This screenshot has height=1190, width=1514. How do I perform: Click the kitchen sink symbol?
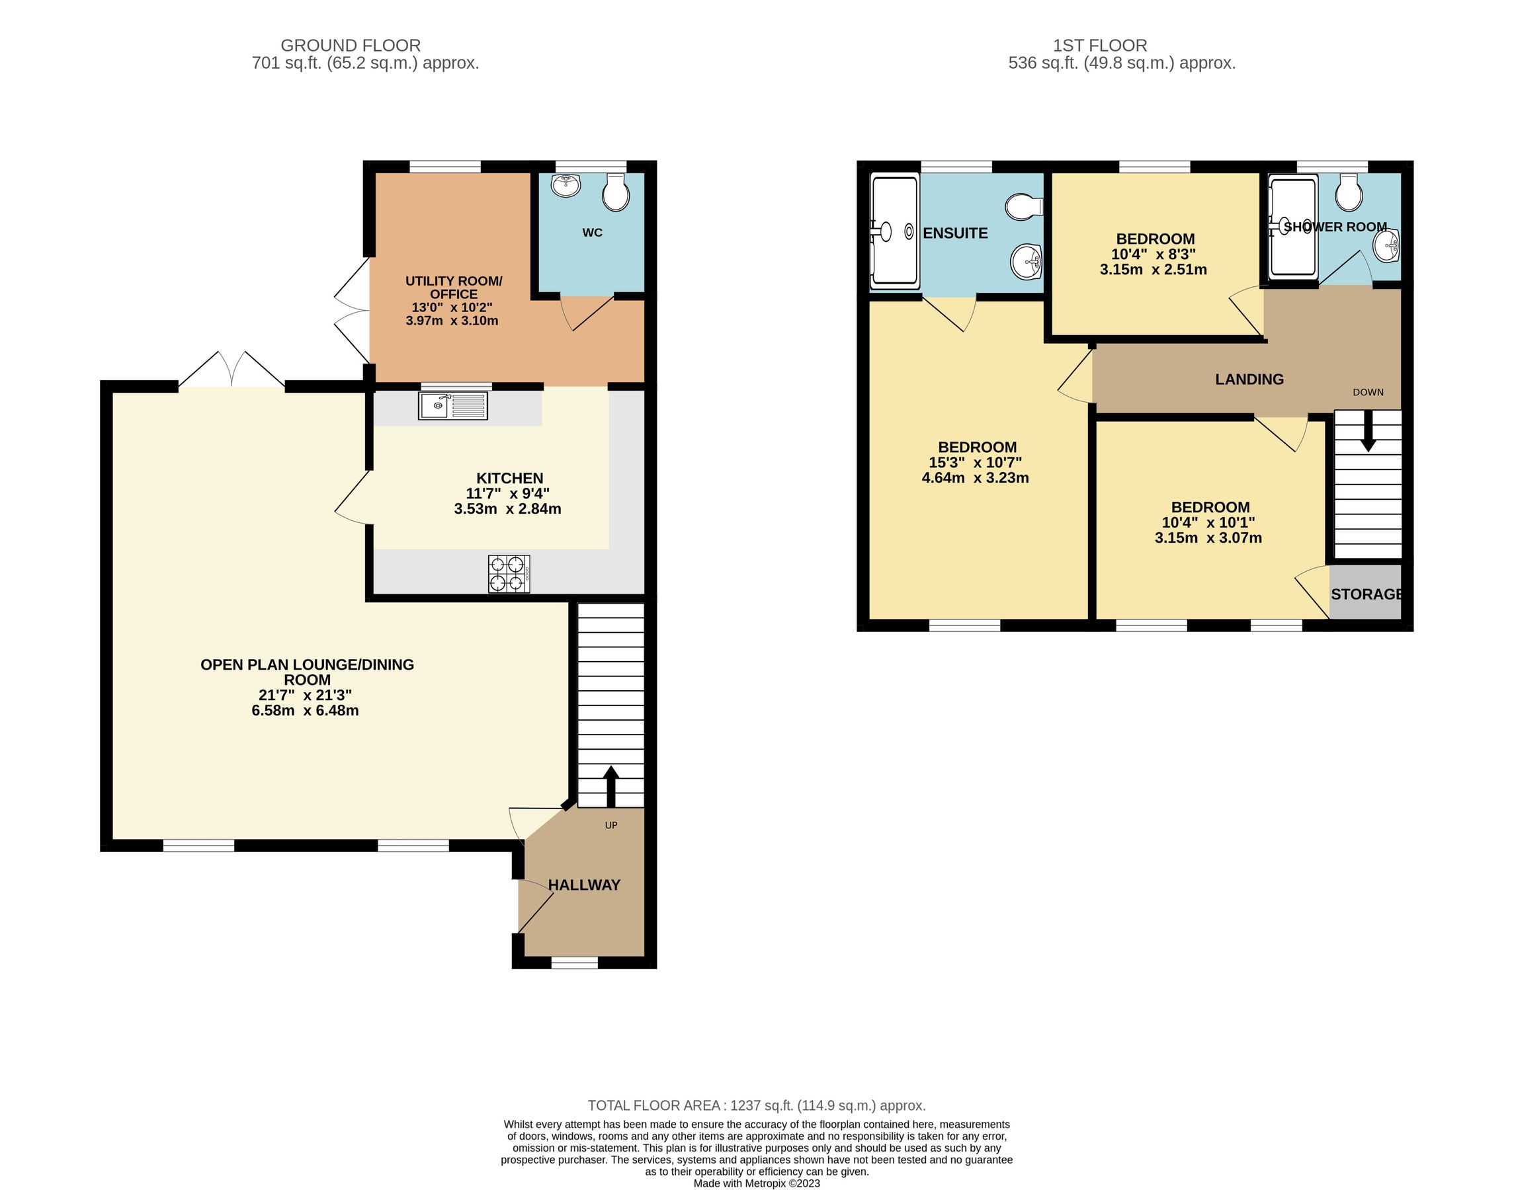click(453, 406)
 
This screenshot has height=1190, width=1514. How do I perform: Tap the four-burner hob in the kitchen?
click(509, 574)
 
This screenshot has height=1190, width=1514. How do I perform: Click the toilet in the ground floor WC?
click(616, 192)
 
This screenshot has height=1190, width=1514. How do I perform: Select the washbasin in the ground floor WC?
click(566, 185)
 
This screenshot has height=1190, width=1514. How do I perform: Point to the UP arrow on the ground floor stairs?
click(610, 786)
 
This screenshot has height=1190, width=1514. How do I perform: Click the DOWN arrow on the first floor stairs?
click(1368, 430)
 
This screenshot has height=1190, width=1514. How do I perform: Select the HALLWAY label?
click(584, 885)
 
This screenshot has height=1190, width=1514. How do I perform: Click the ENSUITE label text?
click(955, 233)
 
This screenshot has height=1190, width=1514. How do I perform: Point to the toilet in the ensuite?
click(1024, 206)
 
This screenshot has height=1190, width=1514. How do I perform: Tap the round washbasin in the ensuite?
click(1025, 262)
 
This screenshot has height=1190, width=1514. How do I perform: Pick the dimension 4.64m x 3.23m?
click(975, 478)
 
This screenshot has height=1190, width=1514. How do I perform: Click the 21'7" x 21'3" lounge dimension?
click(306, 695)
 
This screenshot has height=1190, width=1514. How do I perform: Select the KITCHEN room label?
click(509, 479)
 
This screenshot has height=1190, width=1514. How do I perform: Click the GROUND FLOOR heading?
click(351, 46)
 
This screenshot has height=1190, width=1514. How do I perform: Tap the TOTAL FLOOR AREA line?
click(756, 1105)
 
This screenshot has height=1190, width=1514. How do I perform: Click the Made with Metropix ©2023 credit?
click(756, 1183)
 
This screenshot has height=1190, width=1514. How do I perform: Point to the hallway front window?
click(574, 963)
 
